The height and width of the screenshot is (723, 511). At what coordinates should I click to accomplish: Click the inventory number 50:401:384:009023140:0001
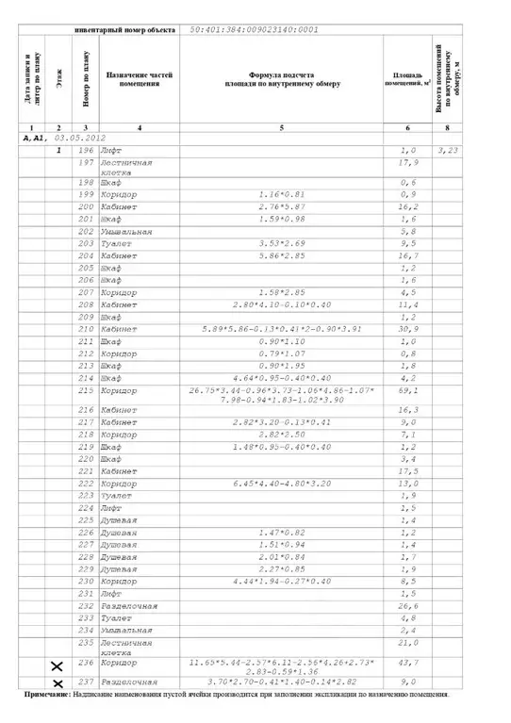click(248, 29)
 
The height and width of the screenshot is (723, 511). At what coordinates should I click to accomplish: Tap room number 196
click(86, 151)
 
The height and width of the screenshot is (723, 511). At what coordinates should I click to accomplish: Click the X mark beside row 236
click(58, 667)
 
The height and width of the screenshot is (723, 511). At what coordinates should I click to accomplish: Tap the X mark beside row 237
click(58, 683)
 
